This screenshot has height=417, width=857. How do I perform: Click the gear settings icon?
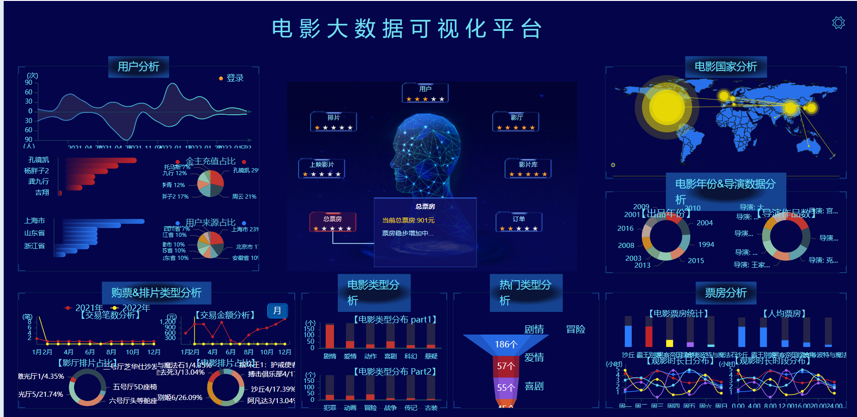[838, 23]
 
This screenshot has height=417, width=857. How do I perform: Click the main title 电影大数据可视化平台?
[407, 29]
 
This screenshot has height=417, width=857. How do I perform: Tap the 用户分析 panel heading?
[138, 67]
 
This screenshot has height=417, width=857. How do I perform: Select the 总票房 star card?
[332, 222]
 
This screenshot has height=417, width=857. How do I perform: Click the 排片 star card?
[333, 122]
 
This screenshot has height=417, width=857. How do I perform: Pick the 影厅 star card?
[516, 122]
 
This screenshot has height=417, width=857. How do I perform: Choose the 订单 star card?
[518, 222]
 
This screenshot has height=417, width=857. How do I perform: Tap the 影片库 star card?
[528, 168]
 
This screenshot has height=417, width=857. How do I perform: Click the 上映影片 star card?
[322, 168]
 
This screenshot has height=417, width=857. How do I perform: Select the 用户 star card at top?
[425, 93]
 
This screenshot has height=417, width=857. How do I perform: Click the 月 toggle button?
[277, 311]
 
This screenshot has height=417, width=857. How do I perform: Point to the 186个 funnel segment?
[506, 344]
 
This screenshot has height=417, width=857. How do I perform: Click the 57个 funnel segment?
[506, 366]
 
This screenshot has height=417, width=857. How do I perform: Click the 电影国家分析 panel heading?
[725, 67]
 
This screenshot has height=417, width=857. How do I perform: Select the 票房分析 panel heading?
[725, 293]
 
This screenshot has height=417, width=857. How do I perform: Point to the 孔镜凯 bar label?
[39, 160]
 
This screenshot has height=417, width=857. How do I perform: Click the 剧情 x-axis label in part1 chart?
[330, 356]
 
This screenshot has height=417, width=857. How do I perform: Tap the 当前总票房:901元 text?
[408, 220]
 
